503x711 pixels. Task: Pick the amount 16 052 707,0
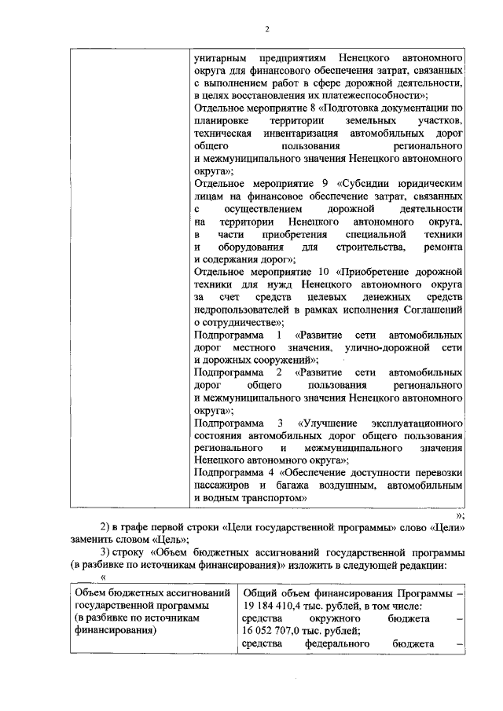pos(279,631)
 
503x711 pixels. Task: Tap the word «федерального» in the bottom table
pos(339,644)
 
